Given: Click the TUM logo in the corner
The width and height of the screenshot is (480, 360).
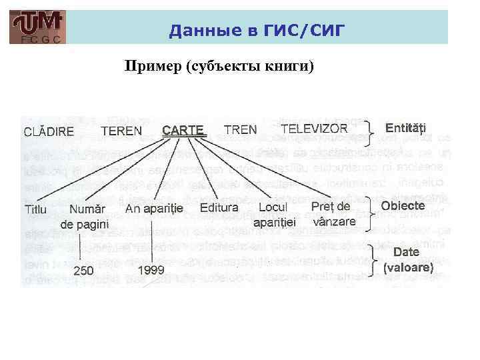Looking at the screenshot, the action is [38, 27].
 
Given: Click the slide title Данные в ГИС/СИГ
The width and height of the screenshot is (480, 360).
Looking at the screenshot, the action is [257, 29].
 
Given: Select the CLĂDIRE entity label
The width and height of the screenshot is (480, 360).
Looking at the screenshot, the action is [49, 131].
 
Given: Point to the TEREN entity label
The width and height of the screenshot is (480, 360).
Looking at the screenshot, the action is [121, 131].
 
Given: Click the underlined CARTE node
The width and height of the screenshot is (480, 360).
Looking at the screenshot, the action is [183, 130].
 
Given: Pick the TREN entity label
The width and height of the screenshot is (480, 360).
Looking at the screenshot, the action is [241, 129].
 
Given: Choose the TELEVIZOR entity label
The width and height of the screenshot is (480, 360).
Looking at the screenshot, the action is [314, 129].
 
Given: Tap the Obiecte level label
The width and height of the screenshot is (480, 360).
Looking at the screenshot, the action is [403, 206].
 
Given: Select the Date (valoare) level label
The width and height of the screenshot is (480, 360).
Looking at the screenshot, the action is [408, 260].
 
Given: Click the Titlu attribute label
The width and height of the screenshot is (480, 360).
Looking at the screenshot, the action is [35, 209].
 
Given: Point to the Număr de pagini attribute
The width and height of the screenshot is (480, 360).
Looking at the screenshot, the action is [85, 217].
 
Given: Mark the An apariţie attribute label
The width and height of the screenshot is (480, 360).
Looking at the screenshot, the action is [154, 209].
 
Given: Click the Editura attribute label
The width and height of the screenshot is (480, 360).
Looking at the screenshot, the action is [219, 208].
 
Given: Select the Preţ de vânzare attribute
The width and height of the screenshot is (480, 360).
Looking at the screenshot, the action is [333, 214].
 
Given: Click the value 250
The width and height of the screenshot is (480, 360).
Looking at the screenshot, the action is [83, 271].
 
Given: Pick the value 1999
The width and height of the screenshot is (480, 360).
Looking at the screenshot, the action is [151, 270].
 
